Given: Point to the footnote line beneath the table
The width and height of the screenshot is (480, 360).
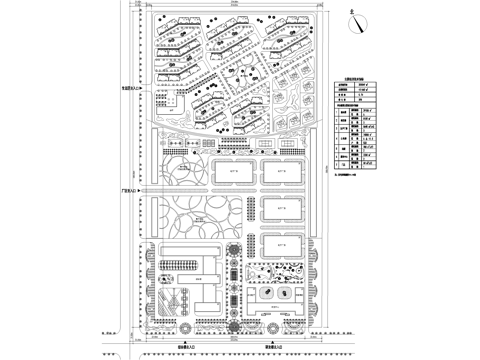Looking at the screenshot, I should pyautogui.click(x=356, y=175).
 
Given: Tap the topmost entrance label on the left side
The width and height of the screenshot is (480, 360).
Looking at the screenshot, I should pyautogui.click(x=132, y=89).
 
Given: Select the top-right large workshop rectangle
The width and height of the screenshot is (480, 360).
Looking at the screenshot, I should pyautogui.click(x=282, y=172).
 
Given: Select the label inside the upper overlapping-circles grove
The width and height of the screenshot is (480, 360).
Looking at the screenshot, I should pyautogui.click(x=184, y=170).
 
